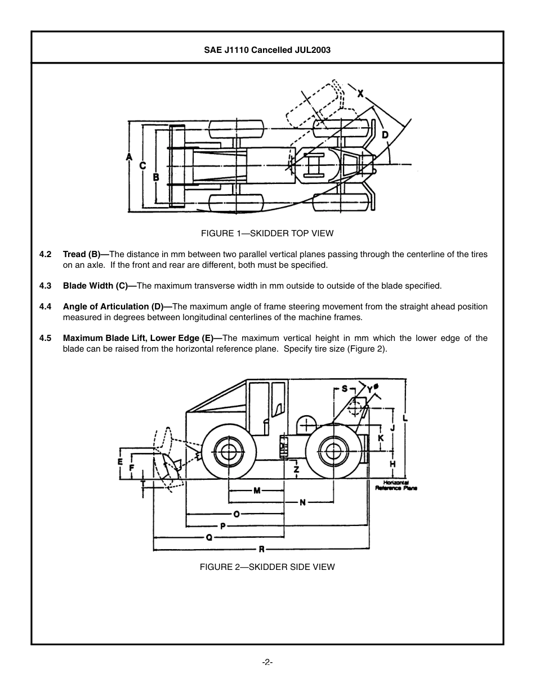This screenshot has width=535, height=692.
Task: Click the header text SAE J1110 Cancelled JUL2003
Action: click(x=267, y=50)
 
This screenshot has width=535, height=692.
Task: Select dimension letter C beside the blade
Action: click(x=142, y=165)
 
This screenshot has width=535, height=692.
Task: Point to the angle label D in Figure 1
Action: click(x=385, y=134)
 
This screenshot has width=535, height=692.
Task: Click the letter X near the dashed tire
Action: click(x=360, y=93)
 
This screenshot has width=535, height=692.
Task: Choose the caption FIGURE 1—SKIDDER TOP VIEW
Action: click(x=267, y=233)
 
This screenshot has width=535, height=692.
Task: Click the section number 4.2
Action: click(x=46, y=254)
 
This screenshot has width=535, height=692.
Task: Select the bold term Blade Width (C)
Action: click(x=95, y=286)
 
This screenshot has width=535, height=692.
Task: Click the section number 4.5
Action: click(x=46, y=338)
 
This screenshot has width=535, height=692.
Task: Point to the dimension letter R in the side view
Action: click(x=262, y=549)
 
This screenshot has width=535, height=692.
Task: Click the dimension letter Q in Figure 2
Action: click(x=209, y=537)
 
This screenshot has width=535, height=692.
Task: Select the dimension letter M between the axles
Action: click(x=257, y=491)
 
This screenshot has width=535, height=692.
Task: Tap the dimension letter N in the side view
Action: click(x=302, y=502)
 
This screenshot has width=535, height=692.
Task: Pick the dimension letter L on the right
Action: click(x=405, y=418)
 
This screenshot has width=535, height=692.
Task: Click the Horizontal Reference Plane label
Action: click(x=396, y=486)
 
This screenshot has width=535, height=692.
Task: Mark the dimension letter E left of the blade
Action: click(x=120, y=461)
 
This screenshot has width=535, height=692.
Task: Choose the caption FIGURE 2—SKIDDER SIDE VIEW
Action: click(x=267, y=567)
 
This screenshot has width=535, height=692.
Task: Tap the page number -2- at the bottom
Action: click(x=267, y=662)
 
